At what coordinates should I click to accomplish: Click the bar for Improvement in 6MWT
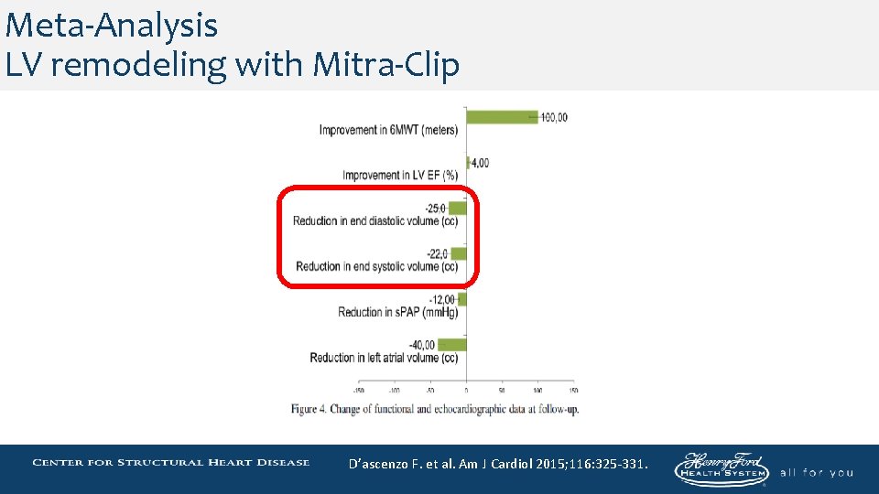502,116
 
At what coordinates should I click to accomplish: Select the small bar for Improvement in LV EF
468,163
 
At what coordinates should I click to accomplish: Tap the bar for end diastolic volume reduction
458,208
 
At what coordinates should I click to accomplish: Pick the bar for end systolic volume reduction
459,253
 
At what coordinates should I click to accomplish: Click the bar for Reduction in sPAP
462,299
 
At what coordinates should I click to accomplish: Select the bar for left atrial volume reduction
452,345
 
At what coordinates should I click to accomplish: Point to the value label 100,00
554,117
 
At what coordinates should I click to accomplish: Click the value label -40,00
422,344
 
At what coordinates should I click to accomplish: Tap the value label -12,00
443,299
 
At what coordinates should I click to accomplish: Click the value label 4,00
480,163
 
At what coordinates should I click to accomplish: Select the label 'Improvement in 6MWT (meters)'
388,130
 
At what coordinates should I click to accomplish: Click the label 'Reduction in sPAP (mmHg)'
397,313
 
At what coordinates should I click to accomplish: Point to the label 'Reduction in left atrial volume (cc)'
384,358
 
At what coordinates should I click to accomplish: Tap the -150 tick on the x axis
359,389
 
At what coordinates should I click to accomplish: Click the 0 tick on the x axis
466,389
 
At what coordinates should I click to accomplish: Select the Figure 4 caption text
435,409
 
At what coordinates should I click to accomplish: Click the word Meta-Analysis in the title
111,25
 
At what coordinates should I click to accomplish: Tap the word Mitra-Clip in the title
385,65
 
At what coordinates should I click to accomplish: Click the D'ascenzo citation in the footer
498,464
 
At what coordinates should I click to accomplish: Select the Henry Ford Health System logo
722,467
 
